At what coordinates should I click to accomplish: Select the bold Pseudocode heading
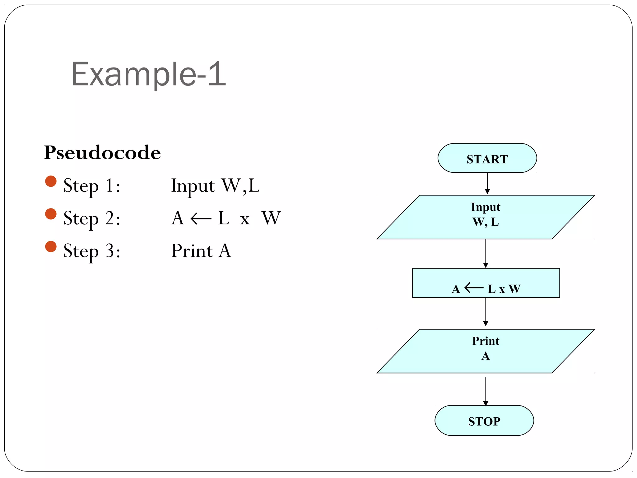coord(102,152)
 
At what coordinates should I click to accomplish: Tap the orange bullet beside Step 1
coord(51,181)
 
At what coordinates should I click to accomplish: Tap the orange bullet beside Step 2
coord(51,214)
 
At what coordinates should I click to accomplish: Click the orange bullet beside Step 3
coord(51,246)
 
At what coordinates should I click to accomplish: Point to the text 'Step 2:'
coord(92,218)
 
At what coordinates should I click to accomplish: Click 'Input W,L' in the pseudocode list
coord(215,186)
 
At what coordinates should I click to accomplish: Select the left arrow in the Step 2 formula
coord(201,218)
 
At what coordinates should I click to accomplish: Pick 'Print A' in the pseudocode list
coord(201,251)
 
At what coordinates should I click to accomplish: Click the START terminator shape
coord(487,158)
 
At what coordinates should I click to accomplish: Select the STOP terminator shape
coord(484,420)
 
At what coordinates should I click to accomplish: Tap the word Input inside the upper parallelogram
coord(486,207)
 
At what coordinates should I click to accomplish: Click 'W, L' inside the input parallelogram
coord(486,222)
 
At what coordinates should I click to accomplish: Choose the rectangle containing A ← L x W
coord(486,283)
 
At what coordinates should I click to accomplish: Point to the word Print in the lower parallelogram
coord(486,341)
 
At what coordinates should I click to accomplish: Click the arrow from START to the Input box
coord(487,183)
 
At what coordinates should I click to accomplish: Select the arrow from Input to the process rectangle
coord(486,253)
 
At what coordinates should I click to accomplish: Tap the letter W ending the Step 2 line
coord(271,218)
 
